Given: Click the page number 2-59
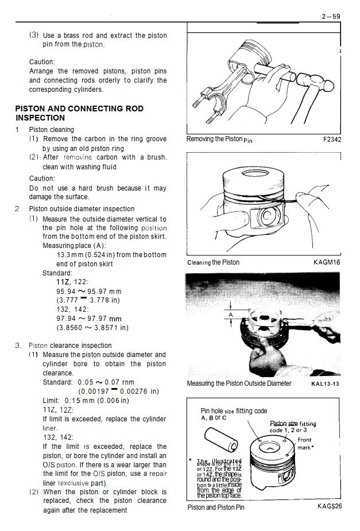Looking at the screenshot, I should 331,17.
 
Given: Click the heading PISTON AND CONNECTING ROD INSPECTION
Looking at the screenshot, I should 79,113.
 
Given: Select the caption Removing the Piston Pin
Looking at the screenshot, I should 219,139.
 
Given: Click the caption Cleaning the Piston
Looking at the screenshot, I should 213,262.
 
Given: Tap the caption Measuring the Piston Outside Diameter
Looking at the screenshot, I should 239,383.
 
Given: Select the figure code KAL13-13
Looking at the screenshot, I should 325,383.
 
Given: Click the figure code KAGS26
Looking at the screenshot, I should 330,507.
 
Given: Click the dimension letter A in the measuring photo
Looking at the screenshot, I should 231,315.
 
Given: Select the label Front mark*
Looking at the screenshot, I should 305,444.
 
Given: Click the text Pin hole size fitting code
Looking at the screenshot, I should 234,411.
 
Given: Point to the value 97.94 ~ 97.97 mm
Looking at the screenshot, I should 89,319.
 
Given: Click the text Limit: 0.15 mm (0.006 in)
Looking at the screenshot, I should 86,401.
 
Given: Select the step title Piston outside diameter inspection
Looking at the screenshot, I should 82,209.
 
